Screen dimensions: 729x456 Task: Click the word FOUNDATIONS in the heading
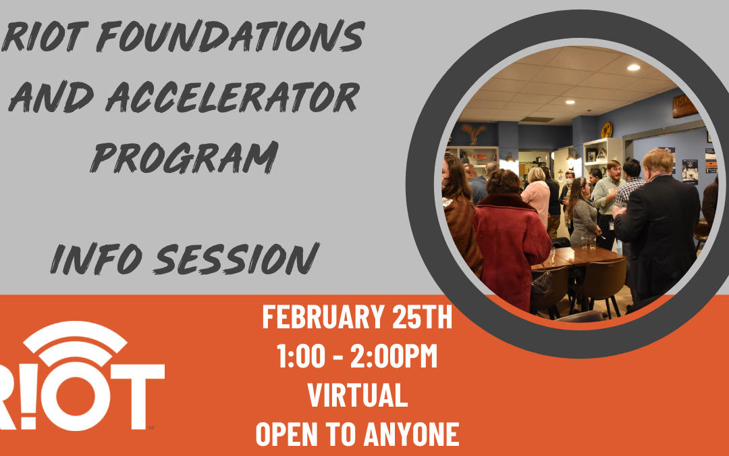tap(231, 35)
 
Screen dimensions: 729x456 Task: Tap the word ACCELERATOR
tap(232, 97)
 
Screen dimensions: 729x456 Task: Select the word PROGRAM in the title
tap(184, 157)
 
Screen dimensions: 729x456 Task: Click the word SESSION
tap(236, 258)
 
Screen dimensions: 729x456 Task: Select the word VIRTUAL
tap(358, 395)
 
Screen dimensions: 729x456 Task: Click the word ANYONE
tap(412, 434)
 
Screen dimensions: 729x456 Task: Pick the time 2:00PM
tap(394, 356)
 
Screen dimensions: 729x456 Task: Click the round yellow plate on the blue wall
tap(606, 129)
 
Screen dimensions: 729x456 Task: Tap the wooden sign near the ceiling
tap(684, 105)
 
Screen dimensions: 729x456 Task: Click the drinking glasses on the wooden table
tap(588, 242)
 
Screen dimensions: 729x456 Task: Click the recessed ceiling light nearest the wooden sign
tap(633, 68)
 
